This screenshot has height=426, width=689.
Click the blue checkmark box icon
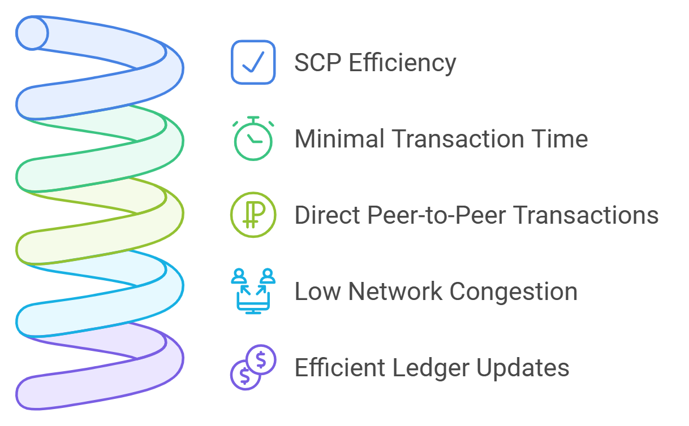coord(253,62)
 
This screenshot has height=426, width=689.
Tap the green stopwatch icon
coord(253,138)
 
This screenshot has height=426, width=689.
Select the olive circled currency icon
coord(253,215)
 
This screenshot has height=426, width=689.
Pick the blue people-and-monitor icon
coord(253,290)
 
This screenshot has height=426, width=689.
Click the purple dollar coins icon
coord(253,367)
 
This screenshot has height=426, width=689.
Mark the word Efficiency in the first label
coord(402,63)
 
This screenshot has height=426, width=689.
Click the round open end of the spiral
coord(32,33)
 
